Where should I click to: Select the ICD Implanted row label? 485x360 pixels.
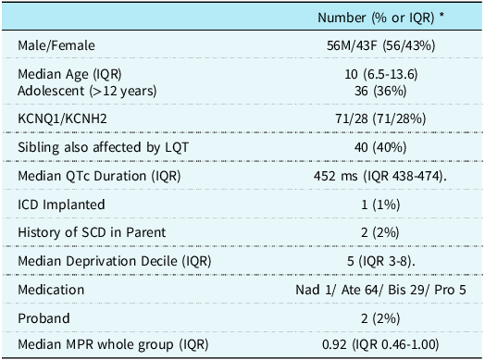click(56, 203)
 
